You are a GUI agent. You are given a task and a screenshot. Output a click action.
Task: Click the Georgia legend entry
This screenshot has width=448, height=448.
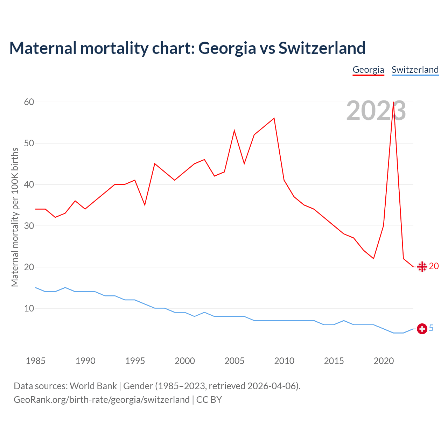pyautogui.click(x=368, y=70)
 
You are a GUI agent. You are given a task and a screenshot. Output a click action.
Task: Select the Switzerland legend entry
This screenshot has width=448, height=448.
pyautogui.click(x=415, y=70)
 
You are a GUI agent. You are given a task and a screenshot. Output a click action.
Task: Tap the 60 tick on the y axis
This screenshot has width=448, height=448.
pyautogui.click(x=29, y=102)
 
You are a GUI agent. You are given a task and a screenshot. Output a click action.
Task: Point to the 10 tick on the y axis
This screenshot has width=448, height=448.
pyautogui.click(x=29, y=308)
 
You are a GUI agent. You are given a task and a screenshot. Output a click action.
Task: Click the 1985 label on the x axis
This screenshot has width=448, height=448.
pyautogui.click(x=35, y=361)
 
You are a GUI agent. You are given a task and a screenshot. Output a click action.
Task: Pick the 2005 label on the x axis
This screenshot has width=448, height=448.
pyautogui.click(x=234, y=361)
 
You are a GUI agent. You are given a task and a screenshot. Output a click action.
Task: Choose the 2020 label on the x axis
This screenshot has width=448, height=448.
pyautogui.click(x=384, y=361)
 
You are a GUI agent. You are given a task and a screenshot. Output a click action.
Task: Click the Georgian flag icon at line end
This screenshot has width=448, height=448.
pyautogui.click(x=422, y=267)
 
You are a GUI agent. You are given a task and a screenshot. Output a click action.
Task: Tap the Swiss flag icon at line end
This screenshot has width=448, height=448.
pyautogui.click(x=422, y=329)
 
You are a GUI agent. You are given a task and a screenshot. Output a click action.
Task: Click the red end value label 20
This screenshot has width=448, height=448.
pyautogui.click(x=434, y=266)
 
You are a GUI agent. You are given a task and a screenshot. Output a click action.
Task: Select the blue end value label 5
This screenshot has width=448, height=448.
pyautogui.click(x=431, y=328)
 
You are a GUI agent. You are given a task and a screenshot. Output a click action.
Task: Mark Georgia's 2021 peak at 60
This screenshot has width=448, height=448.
pyautogui.click(x=394, y=102)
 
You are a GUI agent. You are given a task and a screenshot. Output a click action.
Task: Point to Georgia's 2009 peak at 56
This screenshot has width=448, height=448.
pyautogui.click(x=274, y=118)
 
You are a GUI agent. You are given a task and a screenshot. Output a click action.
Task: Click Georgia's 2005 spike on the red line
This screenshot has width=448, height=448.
pyautogui.click(x=234, y=131)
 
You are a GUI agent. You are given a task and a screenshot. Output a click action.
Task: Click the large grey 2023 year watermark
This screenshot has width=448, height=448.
pyautogui.click(x=376, y=111)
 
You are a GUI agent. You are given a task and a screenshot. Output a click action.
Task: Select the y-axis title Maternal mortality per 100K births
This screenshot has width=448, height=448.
pyautogui.click(x=15, y=217)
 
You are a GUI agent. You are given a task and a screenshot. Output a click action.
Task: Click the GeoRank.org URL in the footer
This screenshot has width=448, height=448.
pyautogui.click(x=101, y=400)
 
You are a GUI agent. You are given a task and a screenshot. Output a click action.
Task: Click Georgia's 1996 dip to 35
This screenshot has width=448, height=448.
pyautogui.click(x=145, y=205)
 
